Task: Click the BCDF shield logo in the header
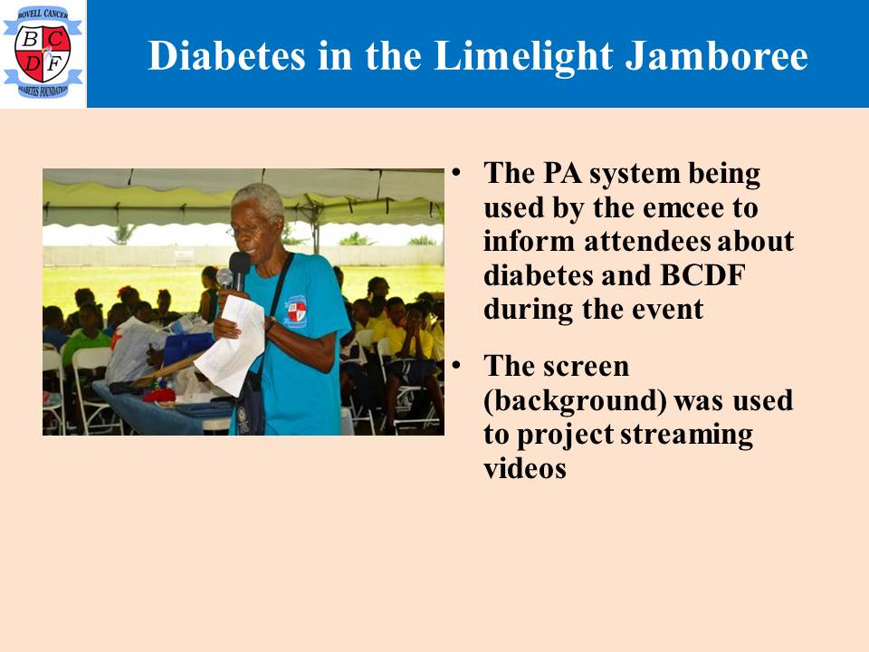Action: (x=43, y=53)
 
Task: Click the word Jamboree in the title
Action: (x=717, y=56)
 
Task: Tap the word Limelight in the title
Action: (x=524, y=57)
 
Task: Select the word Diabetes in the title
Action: (x=226, y=56)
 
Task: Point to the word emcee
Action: (x=683, y=208)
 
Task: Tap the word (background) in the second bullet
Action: (x=575, y=401)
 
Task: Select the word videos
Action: (x=525, y=469)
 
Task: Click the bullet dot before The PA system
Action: (x=456, y=172)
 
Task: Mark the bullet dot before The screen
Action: (x=456, y=365)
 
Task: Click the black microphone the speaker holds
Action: (x=239, y=270)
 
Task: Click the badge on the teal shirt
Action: (x=296, y=311)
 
